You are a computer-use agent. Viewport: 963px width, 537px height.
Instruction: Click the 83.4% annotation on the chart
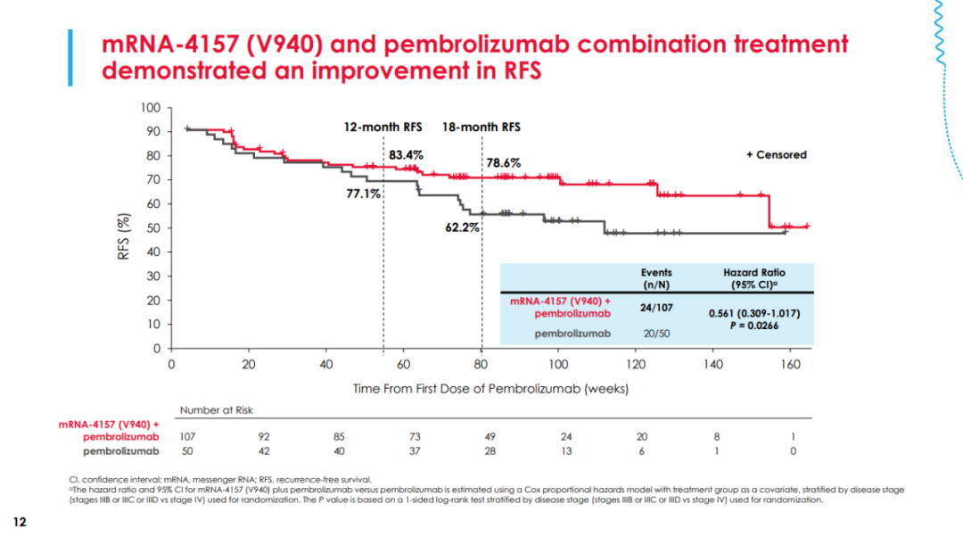point(407,155)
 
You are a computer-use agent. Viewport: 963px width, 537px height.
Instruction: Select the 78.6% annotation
point(504,163)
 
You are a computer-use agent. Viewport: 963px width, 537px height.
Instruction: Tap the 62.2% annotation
point(462,227)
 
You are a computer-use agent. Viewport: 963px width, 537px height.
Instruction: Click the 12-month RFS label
point(383,127)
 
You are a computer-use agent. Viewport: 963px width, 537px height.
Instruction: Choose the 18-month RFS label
point(481,127)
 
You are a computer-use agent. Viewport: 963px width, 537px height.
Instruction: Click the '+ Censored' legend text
point(776,154)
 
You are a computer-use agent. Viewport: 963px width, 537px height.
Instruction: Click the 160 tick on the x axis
point(790,365)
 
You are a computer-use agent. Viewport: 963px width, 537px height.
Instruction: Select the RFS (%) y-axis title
point(125,236)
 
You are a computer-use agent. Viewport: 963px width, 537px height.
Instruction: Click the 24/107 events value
point(656,308)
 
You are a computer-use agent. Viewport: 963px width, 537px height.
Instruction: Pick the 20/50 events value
point(656,333)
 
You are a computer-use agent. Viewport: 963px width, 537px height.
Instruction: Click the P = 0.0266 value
point(754,326)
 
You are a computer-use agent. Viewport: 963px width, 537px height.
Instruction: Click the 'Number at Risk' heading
point(216,410)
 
